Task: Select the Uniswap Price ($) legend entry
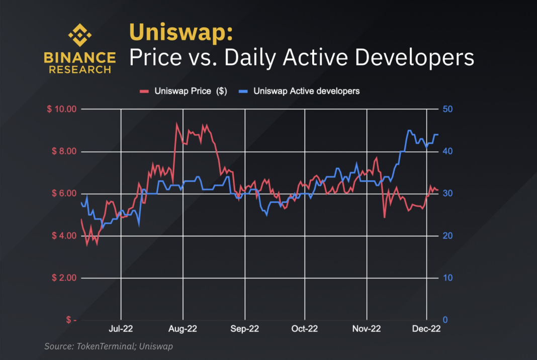[184, 91]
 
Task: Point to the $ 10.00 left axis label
[61, 109]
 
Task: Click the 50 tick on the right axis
[446, 109]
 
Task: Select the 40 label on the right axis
[446, 151]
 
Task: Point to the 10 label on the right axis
[446, 278]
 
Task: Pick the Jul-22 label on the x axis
[121, 329]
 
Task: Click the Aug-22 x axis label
[183, 329]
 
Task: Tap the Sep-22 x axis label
[245, 329]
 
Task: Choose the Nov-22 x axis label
[367, 329]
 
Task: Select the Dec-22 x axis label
[426, 329]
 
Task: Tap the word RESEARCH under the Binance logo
[80, 69]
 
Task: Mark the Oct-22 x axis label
[304, 329]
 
